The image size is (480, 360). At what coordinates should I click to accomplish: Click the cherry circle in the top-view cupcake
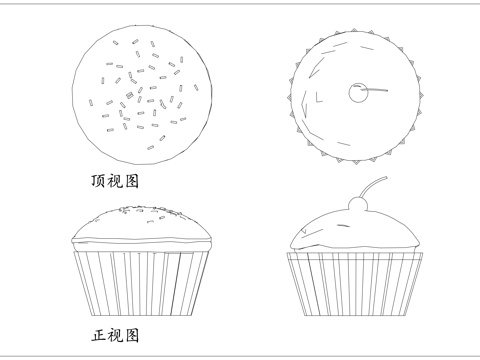click(x=357, y=93)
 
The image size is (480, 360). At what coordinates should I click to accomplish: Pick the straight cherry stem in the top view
click(x=376, y=91)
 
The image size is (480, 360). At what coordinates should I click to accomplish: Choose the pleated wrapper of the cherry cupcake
click(x=355, y=285)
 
